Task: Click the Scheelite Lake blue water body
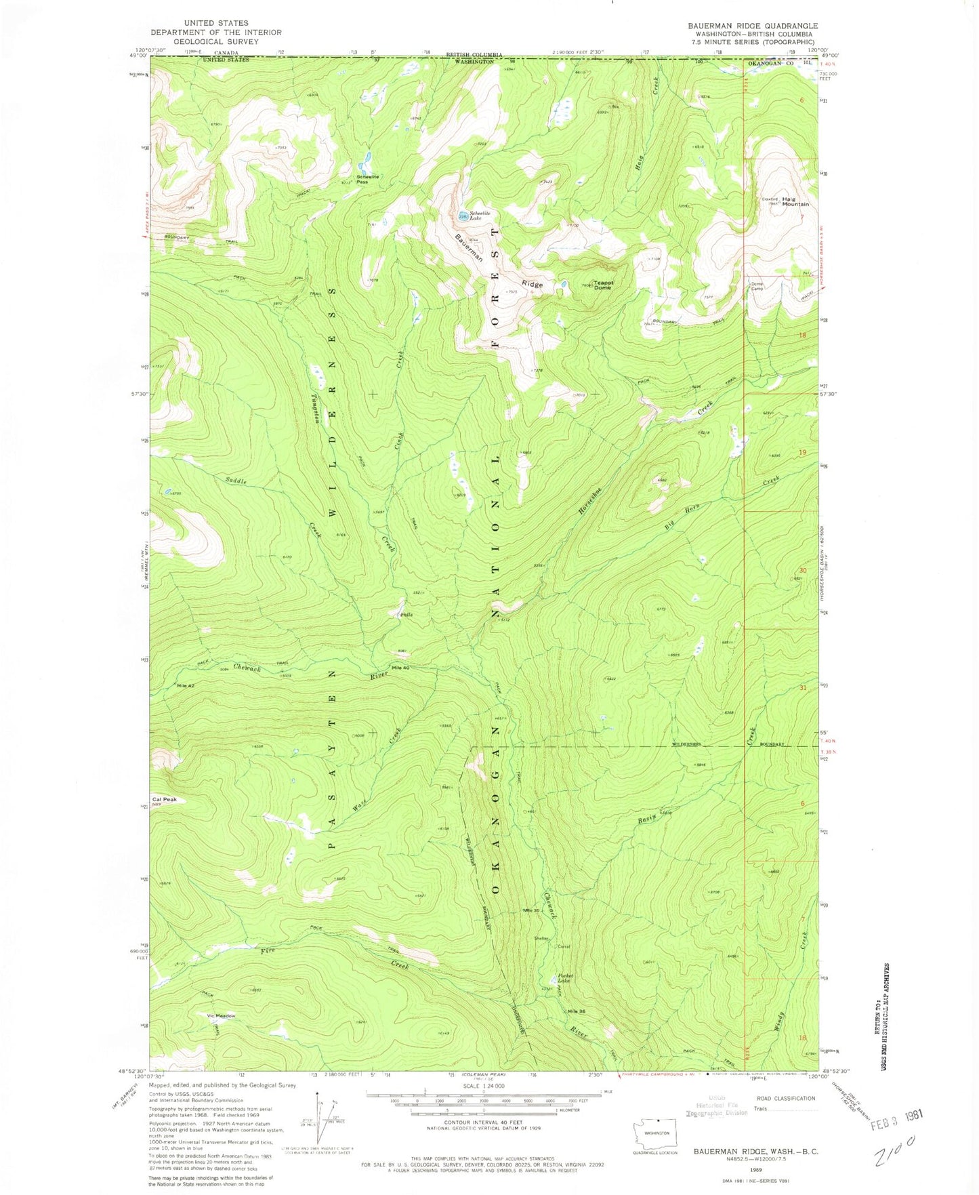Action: coord(463,216)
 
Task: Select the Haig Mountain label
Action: coord(795,201)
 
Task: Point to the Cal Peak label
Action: coord(165,799)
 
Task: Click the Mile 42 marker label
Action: coord(186,685)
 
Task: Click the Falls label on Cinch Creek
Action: coord(407,615)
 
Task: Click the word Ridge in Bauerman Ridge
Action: coord(532,285)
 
